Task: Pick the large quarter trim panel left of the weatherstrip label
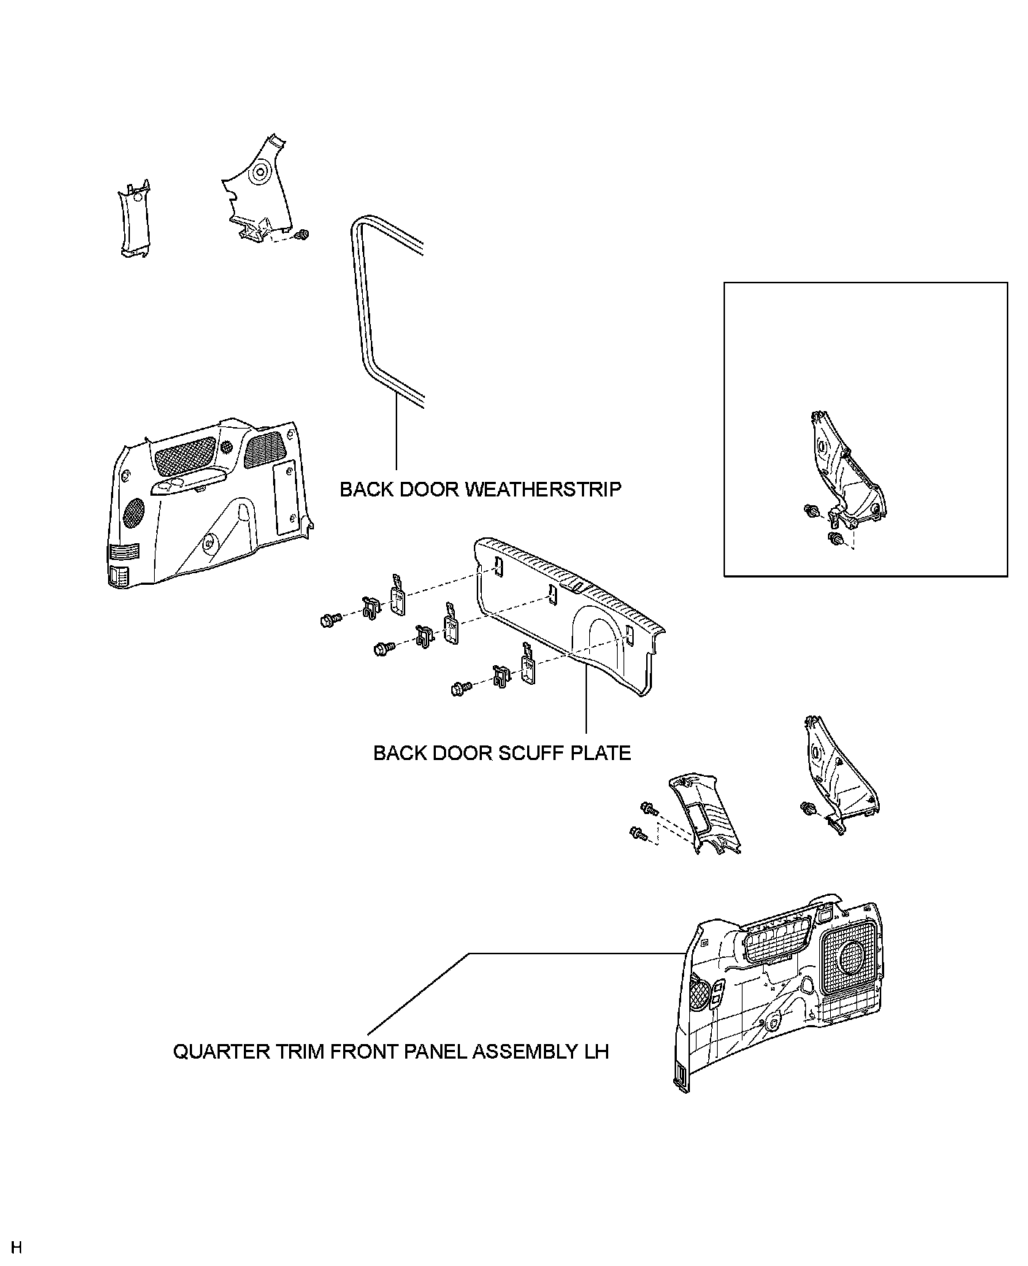(204, 504)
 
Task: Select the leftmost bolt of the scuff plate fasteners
(327, 621)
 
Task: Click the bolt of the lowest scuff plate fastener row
(459, 688)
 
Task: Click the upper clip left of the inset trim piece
(810, 511)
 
